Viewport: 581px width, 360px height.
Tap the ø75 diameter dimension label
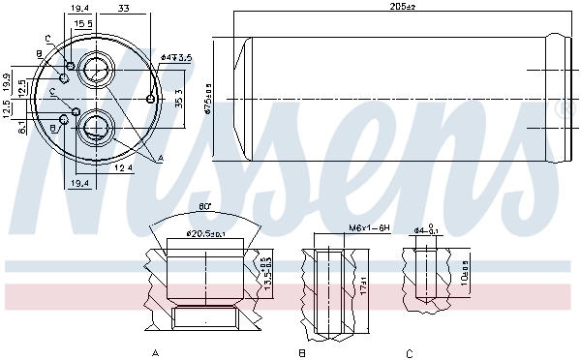click(207, 97)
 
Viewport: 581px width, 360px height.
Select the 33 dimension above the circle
click(124, 9)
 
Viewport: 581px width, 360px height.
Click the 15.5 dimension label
click(83, 22)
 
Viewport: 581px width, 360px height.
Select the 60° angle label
click(203, 206)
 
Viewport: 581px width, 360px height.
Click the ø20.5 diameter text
click(204, 233)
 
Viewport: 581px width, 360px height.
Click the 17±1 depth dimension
click(363, 287)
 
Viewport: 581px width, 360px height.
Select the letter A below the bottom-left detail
click(155, 352)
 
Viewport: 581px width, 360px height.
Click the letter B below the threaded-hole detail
click(303, 352)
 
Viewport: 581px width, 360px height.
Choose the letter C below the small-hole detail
click(410, 352)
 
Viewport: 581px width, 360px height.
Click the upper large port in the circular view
click(96, 70)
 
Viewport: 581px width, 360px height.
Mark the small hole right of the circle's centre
click(149, 98)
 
